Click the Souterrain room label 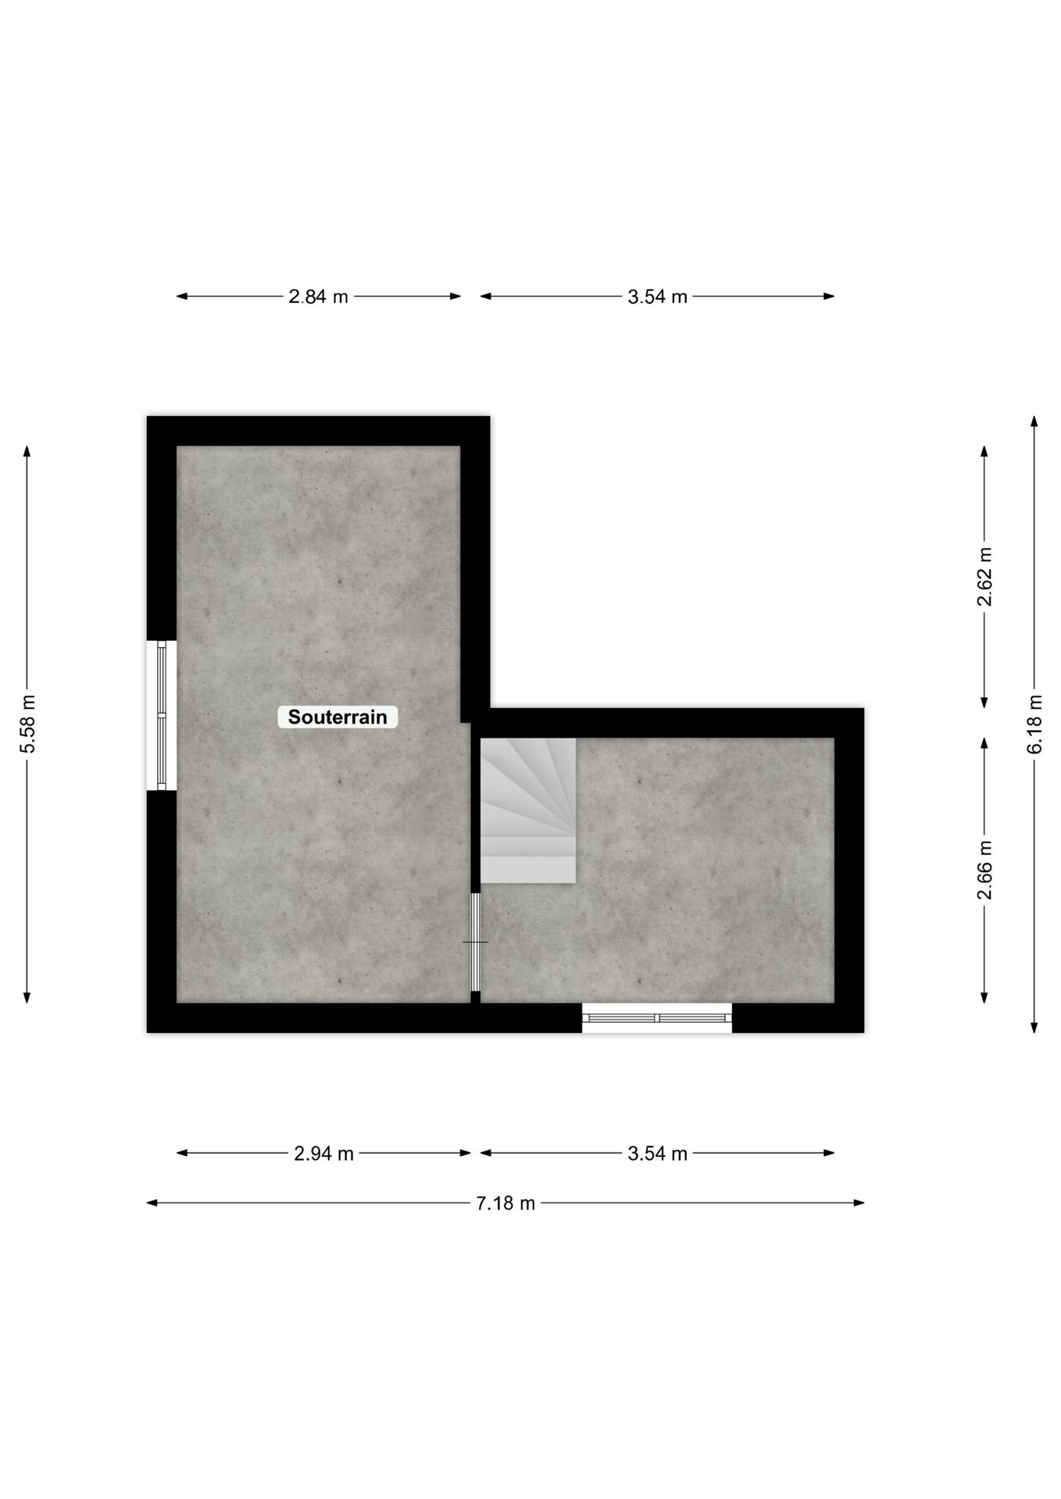(x=338, y=717)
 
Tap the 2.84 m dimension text (x=318, y=297)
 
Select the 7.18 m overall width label (x=505, y=1203)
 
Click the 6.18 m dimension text (x=1034, y=725)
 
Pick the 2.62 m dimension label (x=984, y=577)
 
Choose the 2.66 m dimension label (x=984, y=870)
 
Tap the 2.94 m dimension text (x=323, y=1153)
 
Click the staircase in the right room (x=528, y=810)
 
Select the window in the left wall (x=162, y=716)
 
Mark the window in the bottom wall (x=657, y=1018)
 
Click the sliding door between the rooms (x=475, y=942)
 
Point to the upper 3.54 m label (x=657, y=297)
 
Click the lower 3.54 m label (x=657, y=1153)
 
